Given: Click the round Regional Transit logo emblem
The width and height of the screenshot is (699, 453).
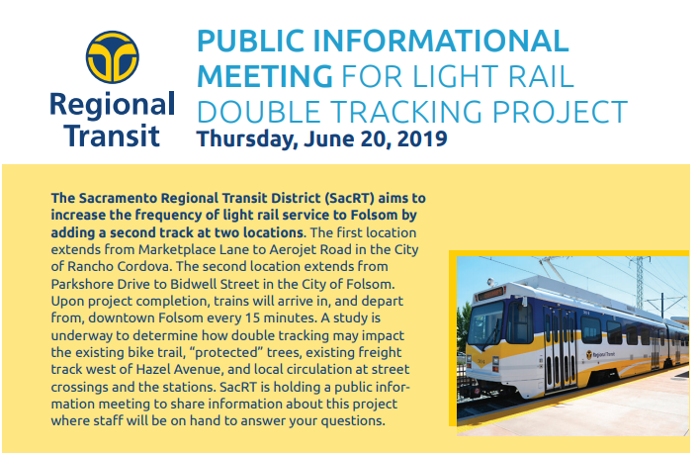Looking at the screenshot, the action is [113, 57].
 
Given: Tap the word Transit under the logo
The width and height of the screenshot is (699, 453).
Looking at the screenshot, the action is [112, 136].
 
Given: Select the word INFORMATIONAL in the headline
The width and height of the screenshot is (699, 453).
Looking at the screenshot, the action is [440, 41].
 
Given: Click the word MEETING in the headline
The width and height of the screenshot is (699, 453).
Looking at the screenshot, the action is [265, 76].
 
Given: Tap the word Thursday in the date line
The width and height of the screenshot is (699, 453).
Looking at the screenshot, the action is [247, 139].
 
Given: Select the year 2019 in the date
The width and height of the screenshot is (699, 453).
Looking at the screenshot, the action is [422, 138].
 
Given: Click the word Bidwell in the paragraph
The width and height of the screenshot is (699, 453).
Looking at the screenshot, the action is [193, 284].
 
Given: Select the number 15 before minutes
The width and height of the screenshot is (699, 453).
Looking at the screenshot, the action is [252, 318].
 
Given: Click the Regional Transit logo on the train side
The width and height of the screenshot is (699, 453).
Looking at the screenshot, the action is [600, 355].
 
